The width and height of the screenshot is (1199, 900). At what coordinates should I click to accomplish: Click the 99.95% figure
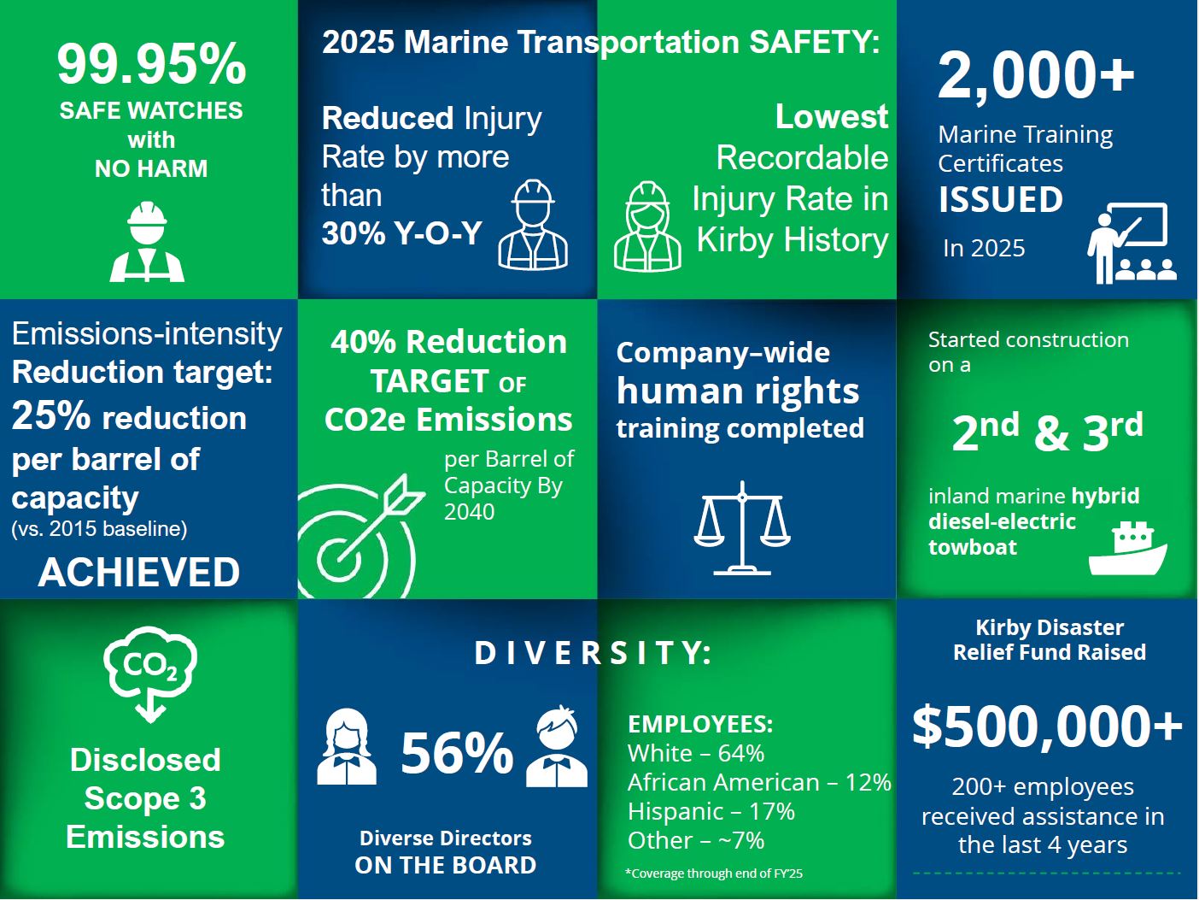click(151, 65)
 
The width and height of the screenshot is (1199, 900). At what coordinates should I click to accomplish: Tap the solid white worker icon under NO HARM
click(147, 242)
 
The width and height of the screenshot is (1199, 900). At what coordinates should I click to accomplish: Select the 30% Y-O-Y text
click(401, 233)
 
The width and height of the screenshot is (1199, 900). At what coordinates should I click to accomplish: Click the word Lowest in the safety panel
click(832, 116)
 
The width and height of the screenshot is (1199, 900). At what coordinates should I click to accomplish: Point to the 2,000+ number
click(1036, 74)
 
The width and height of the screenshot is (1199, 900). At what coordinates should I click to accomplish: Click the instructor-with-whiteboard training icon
click(1132, 244)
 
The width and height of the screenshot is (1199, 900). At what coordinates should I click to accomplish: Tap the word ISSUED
click(1001, 199)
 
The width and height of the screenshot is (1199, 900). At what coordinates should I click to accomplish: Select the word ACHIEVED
click(138, 572)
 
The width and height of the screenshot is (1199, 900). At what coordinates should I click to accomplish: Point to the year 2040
click(469, 512)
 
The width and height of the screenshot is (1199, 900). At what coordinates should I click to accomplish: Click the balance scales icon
click(742, 528)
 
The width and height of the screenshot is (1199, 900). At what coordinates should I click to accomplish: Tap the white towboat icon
click(1127, 549)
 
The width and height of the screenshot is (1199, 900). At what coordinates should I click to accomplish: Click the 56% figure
click(457, 753)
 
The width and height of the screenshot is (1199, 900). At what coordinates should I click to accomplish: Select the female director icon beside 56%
click(347, 747)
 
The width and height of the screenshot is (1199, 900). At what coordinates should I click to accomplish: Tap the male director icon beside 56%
click(557, 747)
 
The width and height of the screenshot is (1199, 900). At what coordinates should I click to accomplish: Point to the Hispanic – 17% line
click(711, 811)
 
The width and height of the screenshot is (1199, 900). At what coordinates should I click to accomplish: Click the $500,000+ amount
click(1047, 726)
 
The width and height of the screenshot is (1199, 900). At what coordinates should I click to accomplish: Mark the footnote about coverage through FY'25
click(714, 874)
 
